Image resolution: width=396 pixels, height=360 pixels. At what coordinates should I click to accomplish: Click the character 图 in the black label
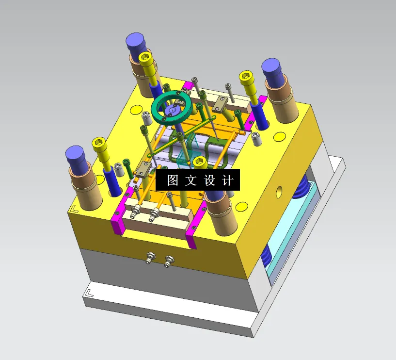click(173, 180)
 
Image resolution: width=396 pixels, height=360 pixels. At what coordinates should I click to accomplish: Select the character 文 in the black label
click(190, 180)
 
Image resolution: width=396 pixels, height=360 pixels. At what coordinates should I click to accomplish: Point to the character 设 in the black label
click(209, 180)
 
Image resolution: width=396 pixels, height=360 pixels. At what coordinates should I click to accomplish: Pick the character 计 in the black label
click(227, 180)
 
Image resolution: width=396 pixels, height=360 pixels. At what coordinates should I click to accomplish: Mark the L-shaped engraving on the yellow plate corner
click(74, 209)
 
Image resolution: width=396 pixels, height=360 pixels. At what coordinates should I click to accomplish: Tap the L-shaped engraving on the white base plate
click(89, 293)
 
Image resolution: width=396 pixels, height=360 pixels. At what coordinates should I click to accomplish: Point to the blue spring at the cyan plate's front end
click(266, 260)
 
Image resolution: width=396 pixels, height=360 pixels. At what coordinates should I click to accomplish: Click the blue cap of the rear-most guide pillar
click(136, 44)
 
